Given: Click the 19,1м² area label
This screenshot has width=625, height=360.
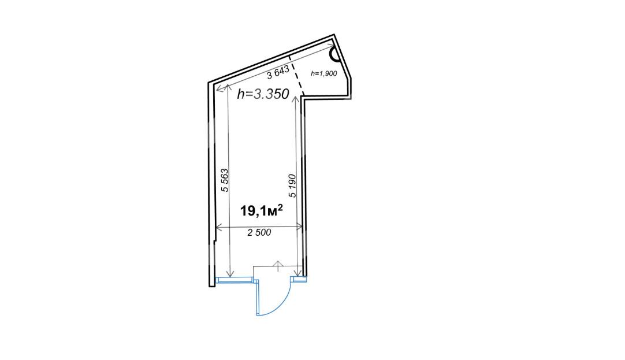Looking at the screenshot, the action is pos(262,210).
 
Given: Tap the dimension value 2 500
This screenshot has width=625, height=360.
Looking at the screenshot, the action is pos(259,232).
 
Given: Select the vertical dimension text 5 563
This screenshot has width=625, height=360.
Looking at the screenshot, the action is pos(225,181).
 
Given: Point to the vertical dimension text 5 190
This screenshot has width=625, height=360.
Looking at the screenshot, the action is pos(292,185).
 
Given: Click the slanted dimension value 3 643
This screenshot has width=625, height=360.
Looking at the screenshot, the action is pos(278,73).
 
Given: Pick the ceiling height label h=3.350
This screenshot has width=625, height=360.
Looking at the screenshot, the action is pos(263,94).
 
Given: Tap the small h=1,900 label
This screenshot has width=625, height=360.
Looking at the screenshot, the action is pos(324,73).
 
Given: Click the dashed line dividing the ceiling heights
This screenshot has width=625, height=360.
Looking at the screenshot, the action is pos(296,76).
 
